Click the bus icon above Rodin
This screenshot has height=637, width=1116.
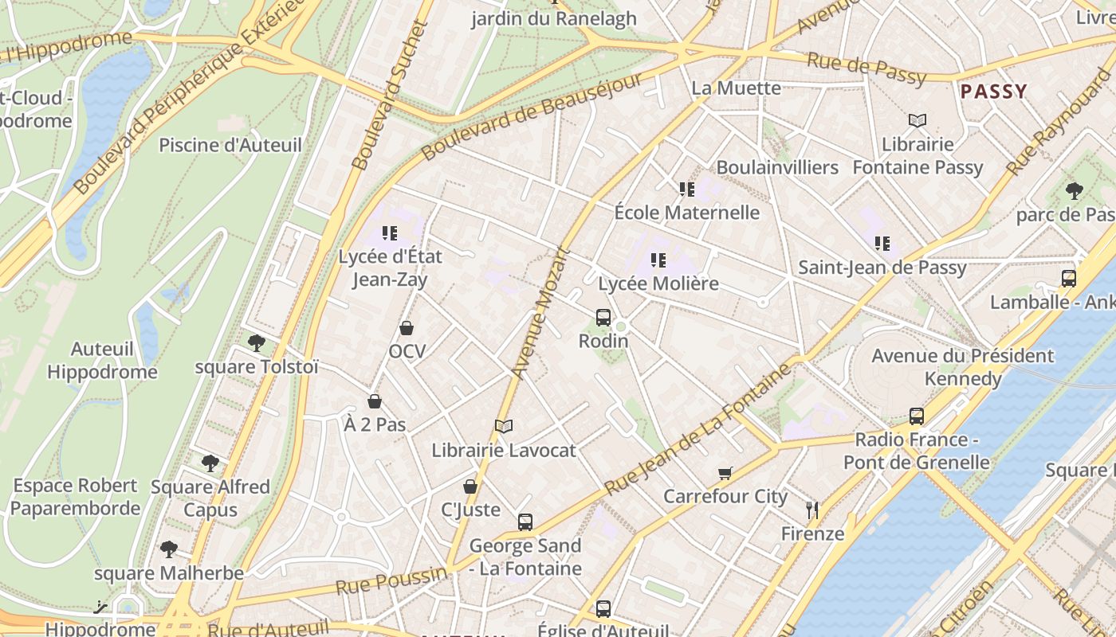(603, 318)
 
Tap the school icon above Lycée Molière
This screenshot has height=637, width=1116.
(658, 260)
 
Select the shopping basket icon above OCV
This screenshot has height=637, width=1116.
(407, 328)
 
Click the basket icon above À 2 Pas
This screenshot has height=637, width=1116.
(375, 401)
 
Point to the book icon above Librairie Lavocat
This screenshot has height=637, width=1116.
(503, 427)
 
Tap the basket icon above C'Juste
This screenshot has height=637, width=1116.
(470, 487)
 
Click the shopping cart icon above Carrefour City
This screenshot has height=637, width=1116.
(725, 474)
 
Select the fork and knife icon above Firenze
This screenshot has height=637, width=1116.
(812, 510)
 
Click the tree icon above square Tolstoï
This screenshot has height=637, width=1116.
(257, 343)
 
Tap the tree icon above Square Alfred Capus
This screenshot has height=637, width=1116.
(210, 463)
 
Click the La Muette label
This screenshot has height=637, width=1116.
(736, 88)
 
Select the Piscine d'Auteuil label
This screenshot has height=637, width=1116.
(230, 145)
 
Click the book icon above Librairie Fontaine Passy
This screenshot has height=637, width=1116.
(918, 121)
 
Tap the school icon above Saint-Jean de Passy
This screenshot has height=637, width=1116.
(882, 244)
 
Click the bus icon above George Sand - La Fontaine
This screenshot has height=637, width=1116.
(525, 522)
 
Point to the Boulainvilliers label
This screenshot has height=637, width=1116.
(777, 167)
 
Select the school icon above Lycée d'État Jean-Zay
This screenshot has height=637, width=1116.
(390, 233)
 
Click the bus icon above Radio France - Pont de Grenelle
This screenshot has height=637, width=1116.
(917, 416)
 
